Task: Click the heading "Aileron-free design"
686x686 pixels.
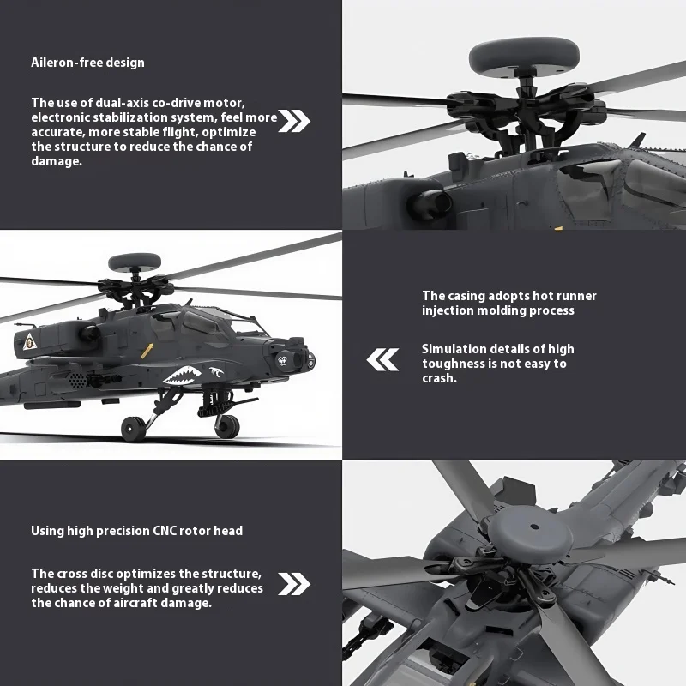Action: click(x=87, y=63)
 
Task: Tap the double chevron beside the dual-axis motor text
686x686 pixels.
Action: click(x=295, y=121)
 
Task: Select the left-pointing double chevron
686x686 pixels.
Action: click(x=382, y=360)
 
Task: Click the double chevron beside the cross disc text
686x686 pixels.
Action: click(x=295, y=585)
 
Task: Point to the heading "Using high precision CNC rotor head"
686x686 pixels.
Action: click(x=136, y=531)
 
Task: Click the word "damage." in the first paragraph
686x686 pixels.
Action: click(x=57, y=161)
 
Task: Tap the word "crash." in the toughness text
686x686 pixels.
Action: click(x=439, y=378)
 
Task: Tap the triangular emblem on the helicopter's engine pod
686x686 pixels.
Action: click(x=32, y=341)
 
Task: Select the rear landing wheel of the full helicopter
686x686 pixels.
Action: click(x=133, y=428)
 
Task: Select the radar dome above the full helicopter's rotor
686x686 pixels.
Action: click(x=134, y=261)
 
